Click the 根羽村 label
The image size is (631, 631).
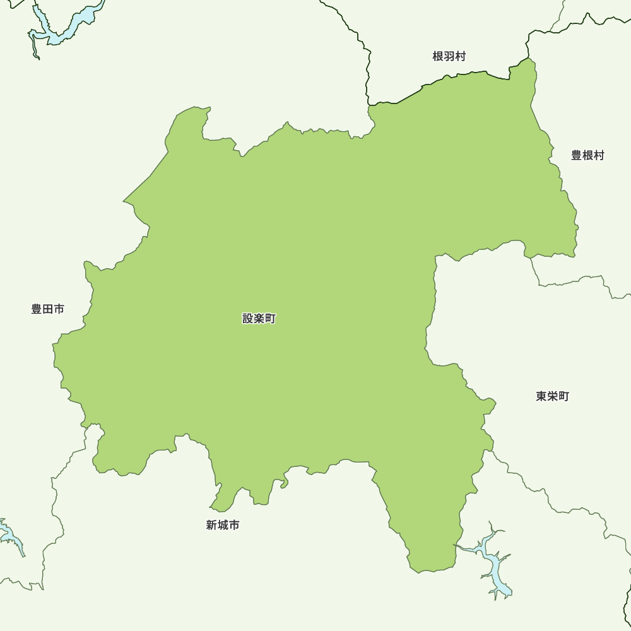449,57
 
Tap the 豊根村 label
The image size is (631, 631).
587,155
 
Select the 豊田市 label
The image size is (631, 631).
48,309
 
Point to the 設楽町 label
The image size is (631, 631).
259,319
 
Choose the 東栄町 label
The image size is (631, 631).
552,396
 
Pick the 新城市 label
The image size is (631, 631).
223,525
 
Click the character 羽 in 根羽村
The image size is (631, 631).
449,57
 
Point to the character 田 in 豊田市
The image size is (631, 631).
48,309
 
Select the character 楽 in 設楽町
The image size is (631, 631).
259,319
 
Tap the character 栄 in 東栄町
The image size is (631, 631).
552,396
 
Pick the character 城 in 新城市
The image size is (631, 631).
223,525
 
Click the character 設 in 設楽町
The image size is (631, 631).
248,319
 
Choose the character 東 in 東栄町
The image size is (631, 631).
541,396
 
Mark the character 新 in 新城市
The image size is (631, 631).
212,525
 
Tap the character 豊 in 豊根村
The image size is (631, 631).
577,155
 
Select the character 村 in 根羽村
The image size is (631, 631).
460,57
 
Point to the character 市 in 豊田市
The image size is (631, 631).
59,309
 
